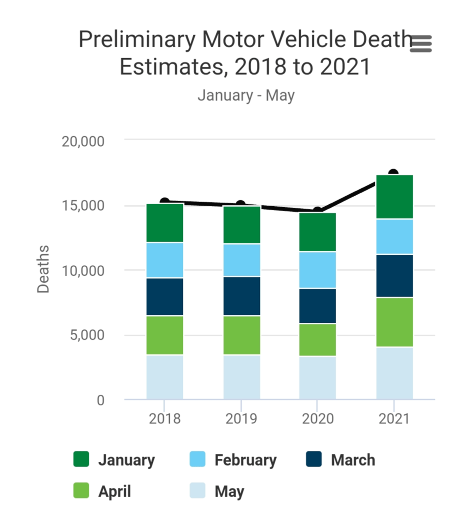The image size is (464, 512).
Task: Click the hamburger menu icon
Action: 420,44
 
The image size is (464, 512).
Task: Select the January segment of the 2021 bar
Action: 394,197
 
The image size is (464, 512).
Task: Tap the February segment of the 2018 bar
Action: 164,260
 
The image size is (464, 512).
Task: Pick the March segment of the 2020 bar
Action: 317,306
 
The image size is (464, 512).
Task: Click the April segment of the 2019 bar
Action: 241,335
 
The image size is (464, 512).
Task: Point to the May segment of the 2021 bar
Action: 394,373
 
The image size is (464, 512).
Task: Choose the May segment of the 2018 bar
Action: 164,377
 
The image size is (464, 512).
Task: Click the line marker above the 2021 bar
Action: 393,174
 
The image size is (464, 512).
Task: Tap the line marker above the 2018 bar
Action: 164,202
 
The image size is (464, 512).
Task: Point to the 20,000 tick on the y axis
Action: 83,141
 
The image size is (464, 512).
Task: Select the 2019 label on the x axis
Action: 241,418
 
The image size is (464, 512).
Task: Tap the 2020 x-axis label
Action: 317,418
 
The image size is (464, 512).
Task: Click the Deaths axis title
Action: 44,269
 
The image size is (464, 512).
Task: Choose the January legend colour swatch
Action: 81,459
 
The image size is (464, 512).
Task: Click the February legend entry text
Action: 245,460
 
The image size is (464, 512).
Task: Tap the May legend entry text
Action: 229,491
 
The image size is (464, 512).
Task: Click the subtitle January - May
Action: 246,95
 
